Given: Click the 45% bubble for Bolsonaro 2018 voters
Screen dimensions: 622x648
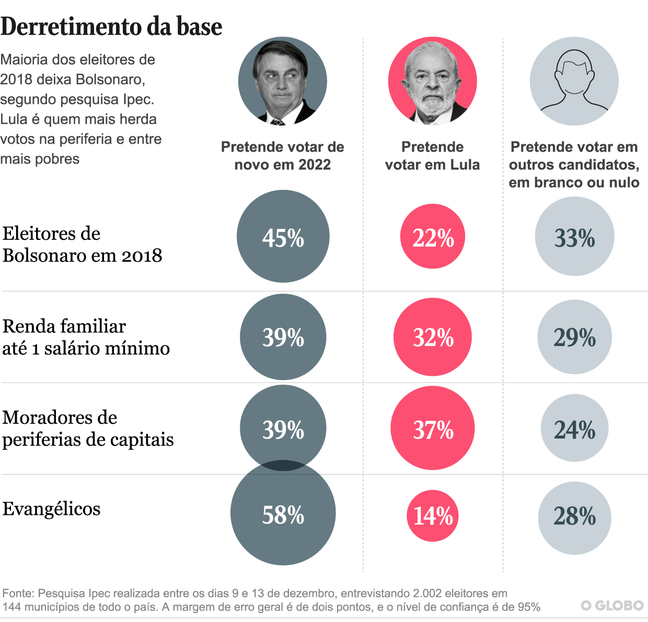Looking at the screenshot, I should point(283,237).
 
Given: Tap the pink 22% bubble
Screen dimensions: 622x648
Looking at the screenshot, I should point(433,237).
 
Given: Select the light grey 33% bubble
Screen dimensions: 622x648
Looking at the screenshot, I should point(574,237).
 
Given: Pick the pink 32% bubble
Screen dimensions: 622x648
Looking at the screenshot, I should point(433,337).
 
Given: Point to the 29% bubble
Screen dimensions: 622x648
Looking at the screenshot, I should point(574,337).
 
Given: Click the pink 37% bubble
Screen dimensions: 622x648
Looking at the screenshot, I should point(433,429).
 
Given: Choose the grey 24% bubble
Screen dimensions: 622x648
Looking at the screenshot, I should point(574,429).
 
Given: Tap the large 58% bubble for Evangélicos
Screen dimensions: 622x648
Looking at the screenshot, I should point(283,515).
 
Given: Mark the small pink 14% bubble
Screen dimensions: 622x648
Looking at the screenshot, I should point(433,516).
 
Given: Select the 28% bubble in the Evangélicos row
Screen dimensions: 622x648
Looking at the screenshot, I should point(574,517).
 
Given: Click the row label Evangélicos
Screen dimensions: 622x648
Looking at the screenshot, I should point(51,509).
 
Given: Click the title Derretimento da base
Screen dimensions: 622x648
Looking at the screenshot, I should point(111,26).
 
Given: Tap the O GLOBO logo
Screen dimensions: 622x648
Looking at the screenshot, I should point(612,605).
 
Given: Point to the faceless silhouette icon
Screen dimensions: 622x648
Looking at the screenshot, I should point(574,81).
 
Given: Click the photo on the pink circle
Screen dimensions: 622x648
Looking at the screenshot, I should point(433,81).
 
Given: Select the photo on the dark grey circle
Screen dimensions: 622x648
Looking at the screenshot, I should point(283,81).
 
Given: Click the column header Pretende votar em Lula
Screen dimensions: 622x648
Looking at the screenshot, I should point(432,156).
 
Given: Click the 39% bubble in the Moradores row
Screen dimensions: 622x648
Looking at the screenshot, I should point(283,429).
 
